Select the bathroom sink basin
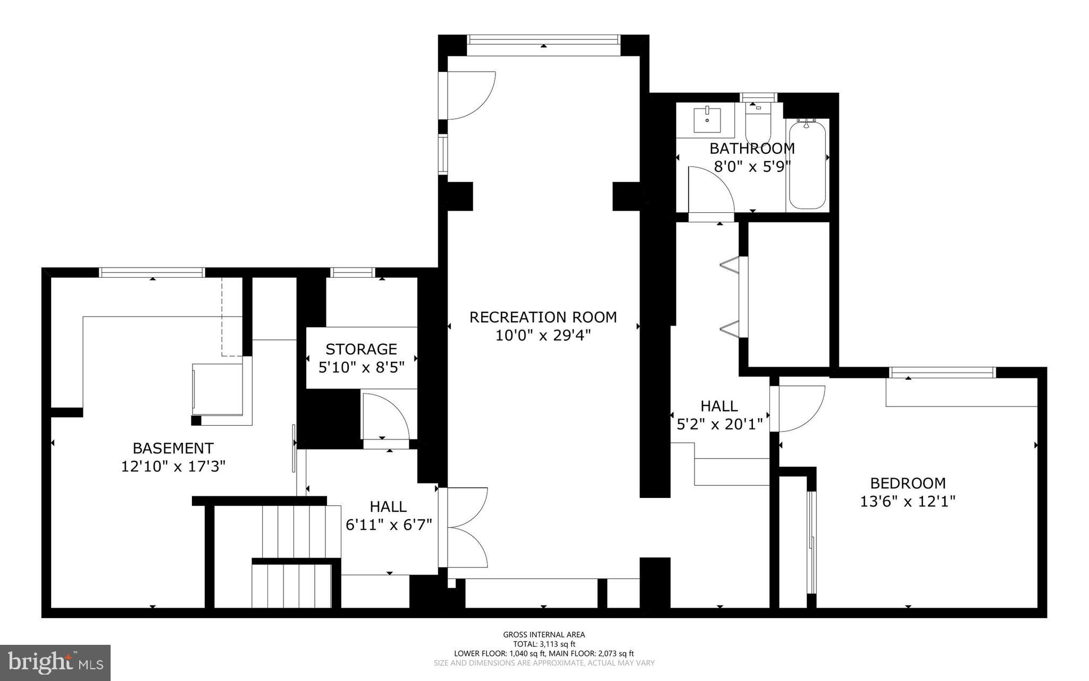[708, 120]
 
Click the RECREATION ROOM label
[543, 317]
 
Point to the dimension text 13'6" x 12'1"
[908, 501]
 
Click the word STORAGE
[361, 349]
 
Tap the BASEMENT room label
[173, 448]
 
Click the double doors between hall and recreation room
[467, 527]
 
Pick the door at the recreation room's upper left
[468, 96]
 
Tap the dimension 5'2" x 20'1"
[719, 424]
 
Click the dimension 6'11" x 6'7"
[389, 525]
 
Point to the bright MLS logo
[55, 662]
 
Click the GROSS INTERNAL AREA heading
[544, 634]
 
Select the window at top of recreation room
[543, 39]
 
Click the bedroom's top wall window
[941, 372]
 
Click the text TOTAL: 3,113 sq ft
[544, 644]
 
